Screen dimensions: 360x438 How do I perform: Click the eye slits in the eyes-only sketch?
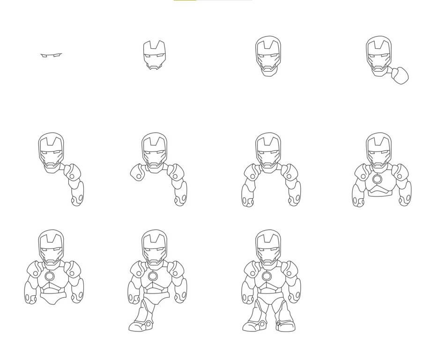pyautogui.click(x=51, y=56)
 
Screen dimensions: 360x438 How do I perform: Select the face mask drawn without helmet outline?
pyautogui.click(x=154, y=55)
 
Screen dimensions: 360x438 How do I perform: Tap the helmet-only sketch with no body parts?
pyautogui.click(x=268, y=55)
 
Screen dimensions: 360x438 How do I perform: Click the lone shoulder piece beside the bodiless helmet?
pyautogui.click(x=401, y=75)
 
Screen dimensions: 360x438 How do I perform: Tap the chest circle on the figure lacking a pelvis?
pyautogui.click(x=378, y=180)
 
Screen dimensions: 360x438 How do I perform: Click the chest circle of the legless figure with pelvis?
pyautogui.click(x=50, y=277)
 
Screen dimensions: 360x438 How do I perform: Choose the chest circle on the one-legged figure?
pyautogui.click(x=153, y=276)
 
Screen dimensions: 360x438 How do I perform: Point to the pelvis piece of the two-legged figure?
pyautogui.click(x=267, y=297)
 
